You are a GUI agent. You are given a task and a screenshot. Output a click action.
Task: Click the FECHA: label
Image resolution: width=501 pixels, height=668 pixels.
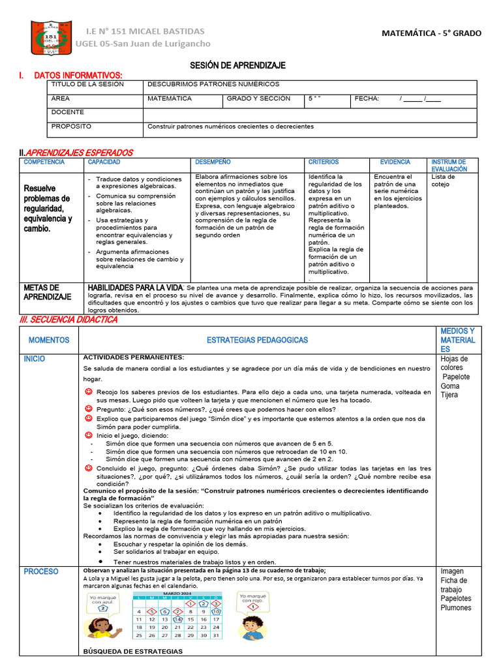(366, 99)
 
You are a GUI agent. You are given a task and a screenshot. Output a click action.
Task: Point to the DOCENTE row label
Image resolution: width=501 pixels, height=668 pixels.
(67, 112)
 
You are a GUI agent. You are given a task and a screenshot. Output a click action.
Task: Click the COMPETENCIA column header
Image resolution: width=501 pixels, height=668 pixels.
(44, 162)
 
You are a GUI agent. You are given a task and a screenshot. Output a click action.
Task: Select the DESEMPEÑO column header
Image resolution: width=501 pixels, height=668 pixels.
(213, 162)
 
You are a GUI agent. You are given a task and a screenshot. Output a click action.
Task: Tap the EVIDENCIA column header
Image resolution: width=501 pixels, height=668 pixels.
(395, 162)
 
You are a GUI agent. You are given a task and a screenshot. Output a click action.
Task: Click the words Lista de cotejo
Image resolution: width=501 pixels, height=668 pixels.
(444, 181)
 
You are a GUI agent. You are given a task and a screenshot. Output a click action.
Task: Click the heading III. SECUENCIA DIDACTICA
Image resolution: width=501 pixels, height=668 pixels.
(68, 320)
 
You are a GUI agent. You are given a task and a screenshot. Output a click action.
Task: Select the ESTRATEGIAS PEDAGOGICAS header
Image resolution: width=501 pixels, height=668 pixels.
(257, 340)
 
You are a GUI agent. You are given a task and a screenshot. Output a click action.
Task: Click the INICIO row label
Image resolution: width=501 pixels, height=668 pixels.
(35, 359)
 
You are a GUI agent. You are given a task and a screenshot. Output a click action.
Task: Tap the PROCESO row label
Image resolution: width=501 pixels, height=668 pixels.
(41, 571)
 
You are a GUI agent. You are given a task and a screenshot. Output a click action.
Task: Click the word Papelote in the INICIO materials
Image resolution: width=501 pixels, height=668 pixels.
(455, 377)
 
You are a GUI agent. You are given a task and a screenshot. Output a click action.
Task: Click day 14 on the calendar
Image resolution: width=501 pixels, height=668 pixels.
(177, 619)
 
